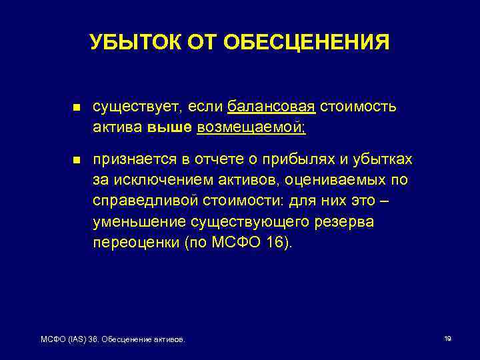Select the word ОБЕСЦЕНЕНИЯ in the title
(307, 43)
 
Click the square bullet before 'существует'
(76, 107)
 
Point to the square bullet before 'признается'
(76, 161)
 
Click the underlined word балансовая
(271, 107)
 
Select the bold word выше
(171, 127)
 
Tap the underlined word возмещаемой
(251, 127)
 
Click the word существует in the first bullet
(137, 107)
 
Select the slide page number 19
(447, 339)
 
